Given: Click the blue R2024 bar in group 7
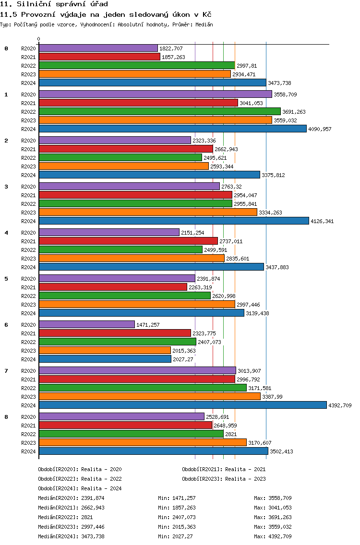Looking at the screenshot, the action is [183, 405].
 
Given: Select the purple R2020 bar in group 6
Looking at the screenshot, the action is [87, 324].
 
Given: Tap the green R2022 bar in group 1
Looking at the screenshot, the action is [160, 111].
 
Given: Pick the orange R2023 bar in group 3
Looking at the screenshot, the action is [148, 212].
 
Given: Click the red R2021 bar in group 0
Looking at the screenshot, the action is [99, 57].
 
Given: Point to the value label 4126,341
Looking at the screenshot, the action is [322, 221].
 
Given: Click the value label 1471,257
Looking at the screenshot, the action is [148, 325].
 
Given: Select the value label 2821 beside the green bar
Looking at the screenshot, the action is [231, 434].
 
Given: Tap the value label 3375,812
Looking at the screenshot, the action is [274, 175].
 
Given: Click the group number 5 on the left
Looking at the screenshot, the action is [6, 279].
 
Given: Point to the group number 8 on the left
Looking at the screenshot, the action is [6, 417].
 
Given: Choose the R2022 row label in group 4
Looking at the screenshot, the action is [28, 250].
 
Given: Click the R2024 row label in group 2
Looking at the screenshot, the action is [28, 175].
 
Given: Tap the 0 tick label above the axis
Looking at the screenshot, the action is [38, 39].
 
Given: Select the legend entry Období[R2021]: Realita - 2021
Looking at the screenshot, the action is [224, 469].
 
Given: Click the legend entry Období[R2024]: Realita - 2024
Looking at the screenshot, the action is [80, 488].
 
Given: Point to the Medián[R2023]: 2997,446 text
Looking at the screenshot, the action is [71, 527].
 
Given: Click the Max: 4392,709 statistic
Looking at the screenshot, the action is [273, 536].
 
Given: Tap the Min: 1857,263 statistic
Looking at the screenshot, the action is [177, 508].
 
